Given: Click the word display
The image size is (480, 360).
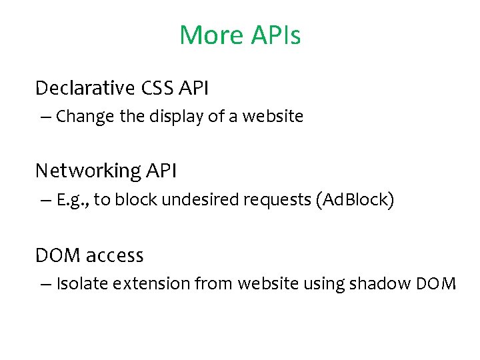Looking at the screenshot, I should pyautogui.click(x=171, y=117).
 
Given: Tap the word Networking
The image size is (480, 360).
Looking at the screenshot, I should pyautogui.click(x=87, y=171).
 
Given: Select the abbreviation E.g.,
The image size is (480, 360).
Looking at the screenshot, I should pyautogui.click(x=73, y=201).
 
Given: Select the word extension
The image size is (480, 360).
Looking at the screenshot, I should pyautogui.click(x=151, y=284).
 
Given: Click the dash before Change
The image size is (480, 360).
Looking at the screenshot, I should pyautogui.click(x=45, y=117).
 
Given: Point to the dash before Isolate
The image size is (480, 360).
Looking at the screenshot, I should pyautogui.click(x=45, y=284).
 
